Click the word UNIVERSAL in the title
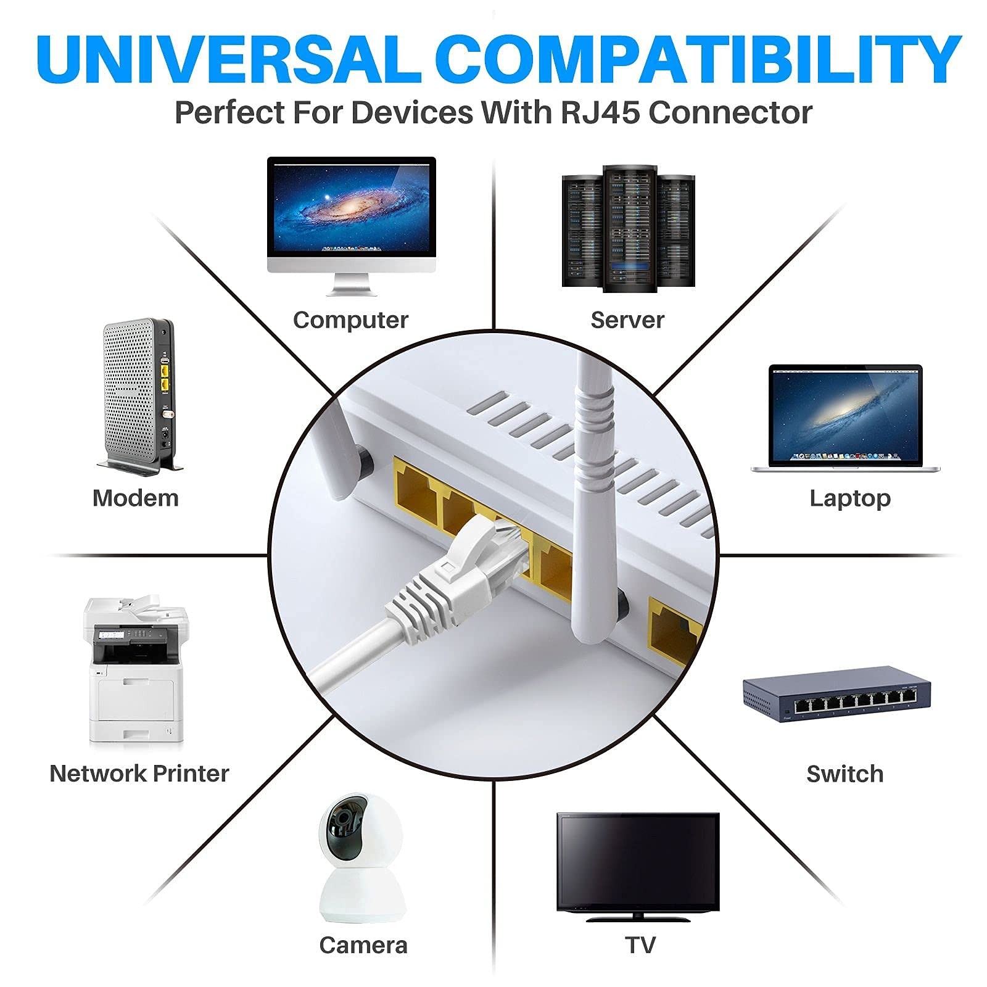[229, 59]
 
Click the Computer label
[350, 320]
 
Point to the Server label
[627, 320]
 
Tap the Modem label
[136, 498]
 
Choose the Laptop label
[850, 498]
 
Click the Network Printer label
[139, 774]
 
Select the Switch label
[845, 774]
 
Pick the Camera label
[363, 945]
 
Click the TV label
[640, 945]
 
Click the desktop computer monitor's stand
[352, 284]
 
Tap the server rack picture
[629, 228]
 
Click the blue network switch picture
[836, 695]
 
